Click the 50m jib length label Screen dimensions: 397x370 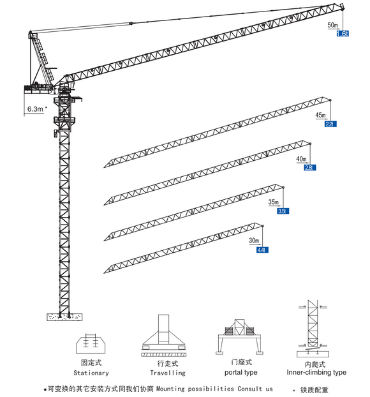pos(332,25)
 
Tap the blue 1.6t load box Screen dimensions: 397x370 pos(343,33)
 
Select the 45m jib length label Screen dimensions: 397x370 pos(320,116)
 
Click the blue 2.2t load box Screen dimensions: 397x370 pos(330,124)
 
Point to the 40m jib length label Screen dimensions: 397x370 pos(301,159)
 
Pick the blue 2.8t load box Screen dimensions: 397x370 pos(309,167)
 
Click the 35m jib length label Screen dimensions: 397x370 pos(274,202)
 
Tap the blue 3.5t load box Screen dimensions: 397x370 pos(283,210)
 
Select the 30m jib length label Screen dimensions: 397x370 pos(254,241)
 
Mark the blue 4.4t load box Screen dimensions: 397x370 pos(262,249)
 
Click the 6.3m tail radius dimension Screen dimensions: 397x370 pos(36,109)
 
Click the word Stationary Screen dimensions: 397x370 pos(91,373)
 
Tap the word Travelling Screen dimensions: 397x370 pos(168,373)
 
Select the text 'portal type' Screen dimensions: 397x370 pos(241,372)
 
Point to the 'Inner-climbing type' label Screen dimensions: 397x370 pos(316,372)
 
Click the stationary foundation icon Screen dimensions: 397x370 pos(91,343)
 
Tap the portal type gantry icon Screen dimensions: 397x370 pos(241,336)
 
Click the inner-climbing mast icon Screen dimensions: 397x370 pos(313,329)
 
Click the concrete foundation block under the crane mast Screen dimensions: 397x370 pos(64,317)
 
